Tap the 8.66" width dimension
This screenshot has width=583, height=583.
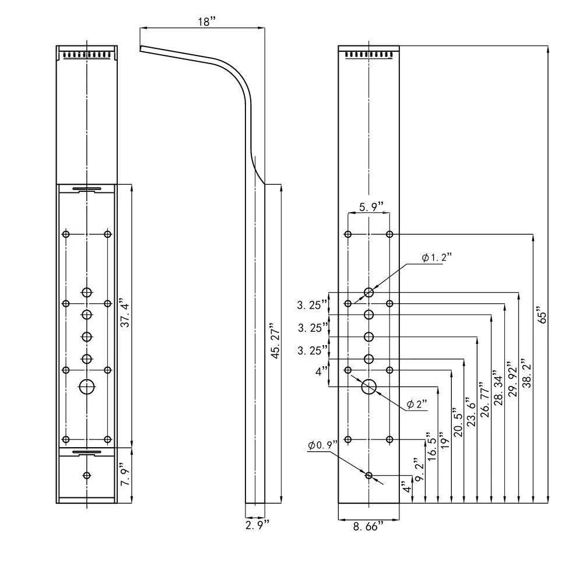coord(368,526)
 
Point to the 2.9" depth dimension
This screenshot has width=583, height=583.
coord(257,525)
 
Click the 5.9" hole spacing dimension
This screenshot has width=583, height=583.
coord(371,206)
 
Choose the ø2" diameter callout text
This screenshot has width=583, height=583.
coord(417,404)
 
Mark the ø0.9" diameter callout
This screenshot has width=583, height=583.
coord(323,445)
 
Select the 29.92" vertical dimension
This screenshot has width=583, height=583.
coord(513,378)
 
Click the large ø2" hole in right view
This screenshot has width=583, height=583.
coord(369,387)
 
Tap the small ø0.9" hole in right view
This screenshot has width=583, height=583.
coord(368,476)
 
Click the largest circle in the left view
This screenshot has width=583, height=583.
coord(87,387)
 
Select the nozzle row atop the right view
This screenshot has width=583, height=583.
coord(368,55)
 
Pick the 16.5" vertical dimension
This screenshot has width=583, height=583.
coord(432,447)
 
